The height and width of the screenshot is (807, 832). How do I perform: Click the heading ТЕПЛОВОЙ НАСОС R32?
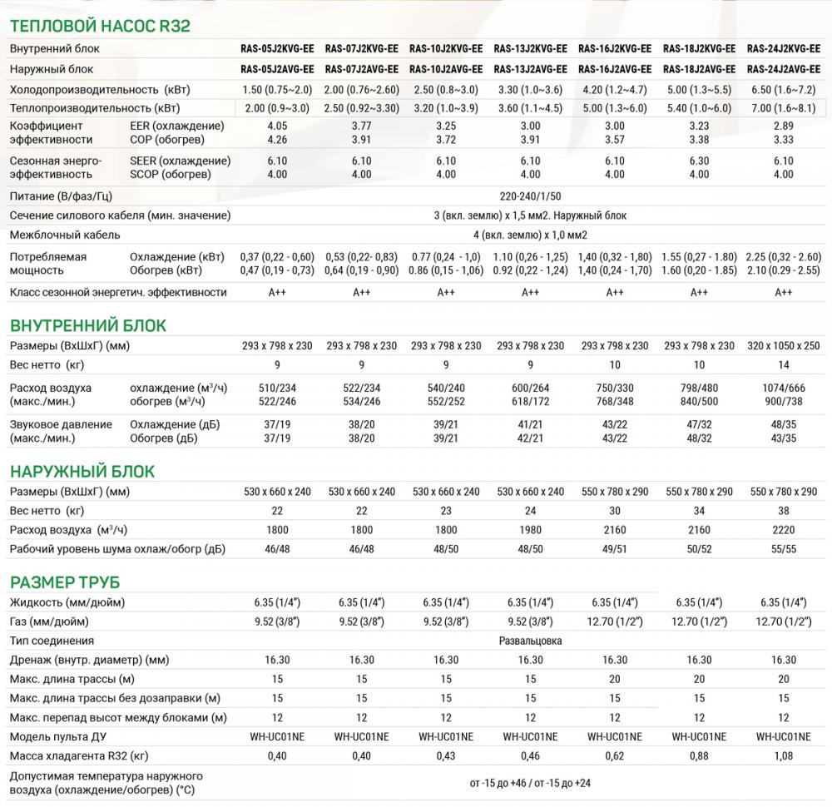(100, 25)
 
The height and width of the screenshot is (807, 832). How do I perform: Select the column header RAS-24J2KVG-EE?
(784, 48)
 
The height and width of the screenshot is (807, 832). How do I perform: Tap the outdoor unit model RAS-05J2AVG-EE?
(277, 69)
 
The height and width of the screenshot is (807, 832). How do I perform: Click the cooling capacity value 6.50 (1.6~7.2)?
(784, 89)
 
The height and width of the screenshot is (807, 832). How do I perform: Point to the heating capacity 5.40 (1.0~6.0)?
(699, 108)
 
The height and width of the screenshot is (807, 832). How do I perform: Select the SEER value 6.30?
(699, 161)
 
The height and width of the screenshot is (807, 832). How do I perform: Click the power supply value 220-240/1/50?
(530, 196)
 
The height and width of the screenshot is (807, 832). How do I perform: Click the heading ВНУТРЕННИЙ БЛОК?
(87, 324)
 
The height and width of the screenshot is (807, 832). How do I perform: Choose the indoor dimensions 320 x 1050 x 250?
(784, 346)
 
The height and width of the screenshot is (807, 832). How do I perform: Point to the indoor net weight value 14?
(784, 365)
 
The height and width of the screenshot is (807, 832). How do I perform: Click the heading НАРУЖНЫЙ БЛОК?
(82, 472)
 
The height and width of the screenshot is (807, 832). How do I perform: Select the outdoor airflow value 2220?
(784, 529)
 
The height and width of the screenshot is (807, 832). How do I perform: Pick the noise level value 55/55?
(784, 548)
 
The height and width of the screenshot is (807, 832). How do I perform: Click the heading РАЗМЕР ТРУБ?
(71, 581)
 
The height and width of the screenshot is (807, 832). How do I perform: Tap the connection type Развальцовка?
(530, 641)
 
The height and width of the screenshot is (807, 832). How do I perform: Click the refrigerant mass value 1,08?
(784, 755)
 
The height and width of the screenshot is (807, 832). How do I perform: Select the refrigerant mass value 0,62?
(615, 755)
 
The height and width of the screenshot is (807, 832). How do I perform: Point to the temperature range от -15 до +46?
(499, 784)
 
